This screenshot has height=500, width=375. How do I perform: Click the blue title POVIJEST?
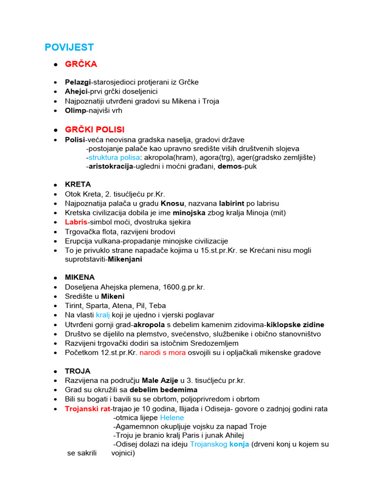tap(69, 47)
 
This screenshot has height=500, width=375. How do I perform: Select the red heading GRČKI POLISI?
tap(95, 129)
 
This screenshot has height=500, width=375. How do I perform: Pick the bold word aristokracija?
tap(111, 167)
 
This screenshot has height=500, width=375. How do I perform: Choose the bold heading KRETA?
tap(78, 185)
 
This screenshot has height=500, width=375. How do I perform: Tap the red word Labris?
tap(76, 222)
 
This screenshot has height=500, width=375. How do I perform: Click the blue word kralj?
tap(103, 315)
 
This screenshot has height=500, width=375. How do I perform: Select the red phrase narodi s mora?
tap(163, 353)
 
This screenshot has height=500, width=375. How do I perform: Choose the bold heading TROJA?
tap(78, 371)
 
